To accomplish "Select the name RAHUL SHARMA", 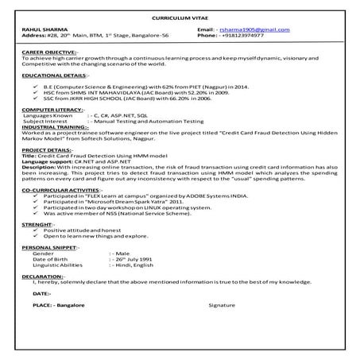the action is pyautogui.click(x=40, y=29).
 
